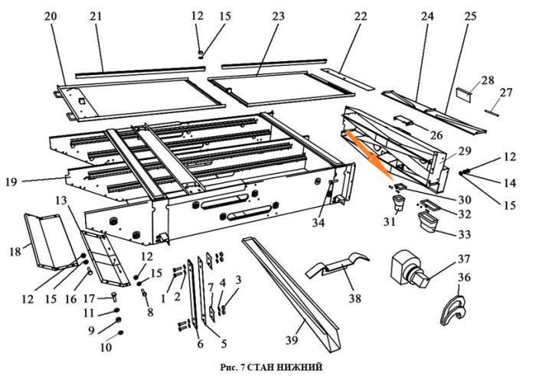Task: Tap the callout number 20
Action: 51,16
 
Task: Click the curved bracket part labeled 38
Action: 336,269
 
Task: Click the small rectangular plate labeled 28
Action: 463,95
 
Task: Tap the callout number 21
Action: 96,16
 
